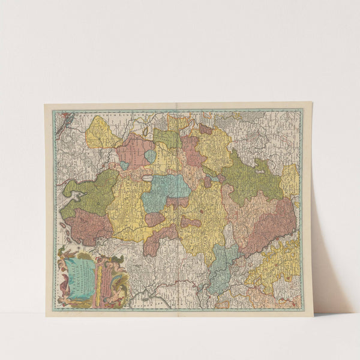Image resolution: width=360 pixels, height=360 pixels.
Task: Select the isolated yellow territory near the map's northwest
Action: coord(101,134)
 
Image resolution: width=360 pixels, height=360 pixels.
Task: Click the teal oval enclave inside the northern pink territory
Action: coord(150,156)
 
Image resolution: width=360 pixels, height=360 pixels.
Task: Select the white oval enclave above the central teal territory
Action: coord(148,178)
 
